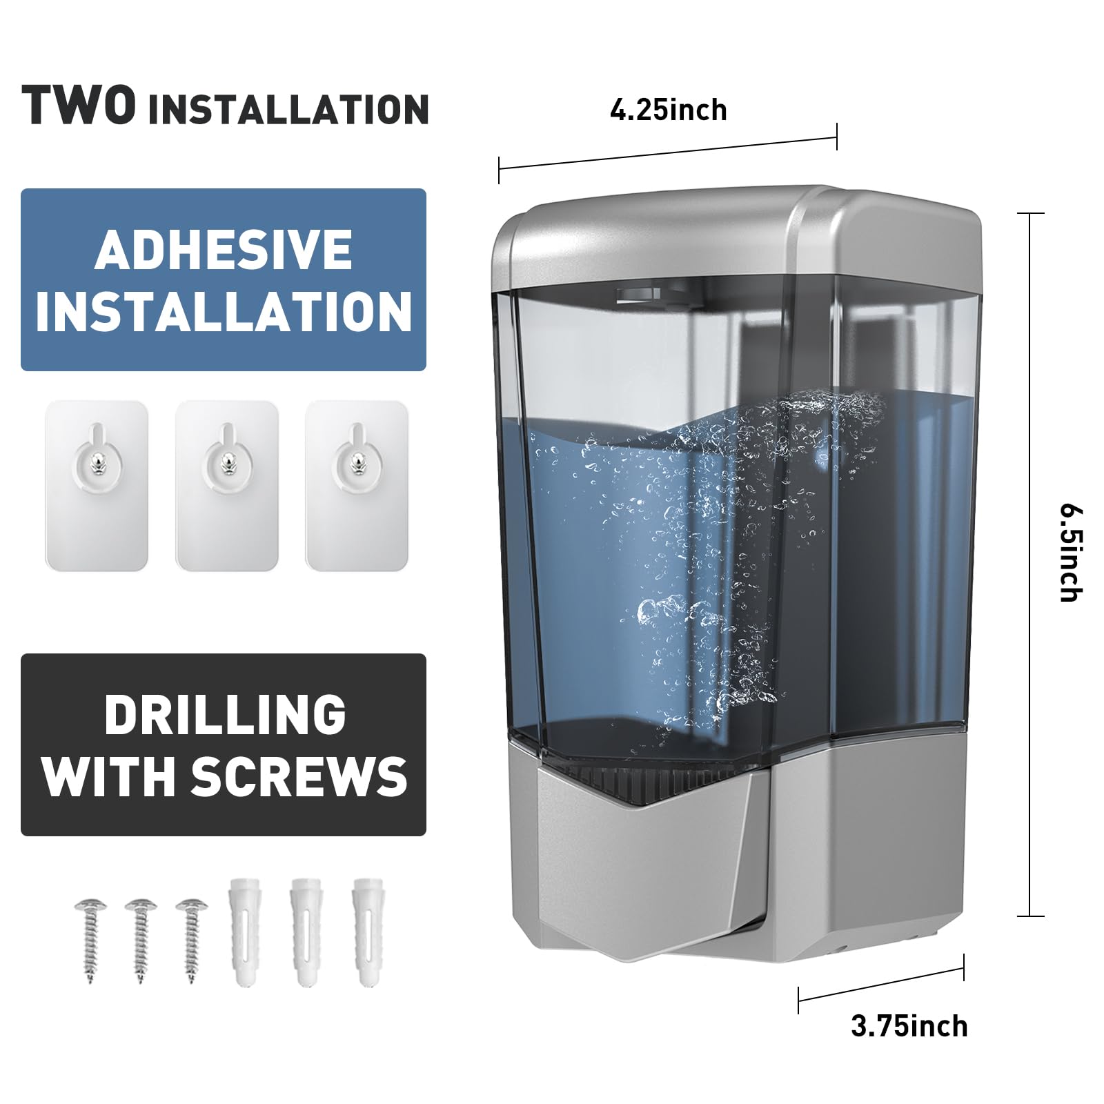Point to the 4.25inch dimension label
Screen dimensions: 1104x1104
point(668,110)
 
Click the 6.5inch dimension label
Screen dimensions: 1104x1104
point(1072,554)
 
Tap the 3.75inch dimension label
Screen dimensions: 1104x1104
point(909,1026)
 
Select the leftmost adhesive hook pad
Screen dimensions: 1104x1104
point(97,486)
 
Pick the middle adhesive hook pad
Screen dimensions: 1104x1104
point(227,486)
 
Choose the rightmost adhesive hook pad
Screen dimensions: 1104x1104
point(357,486)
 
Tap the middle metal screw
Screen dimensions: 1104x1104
point(141,939)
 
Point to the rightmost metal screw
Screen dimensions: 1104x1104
point(192,939)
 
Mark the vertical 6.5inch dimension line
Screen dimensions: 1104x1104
point(1030,565)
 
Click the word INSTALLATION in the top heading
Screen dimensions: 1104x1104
point(288,109)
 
